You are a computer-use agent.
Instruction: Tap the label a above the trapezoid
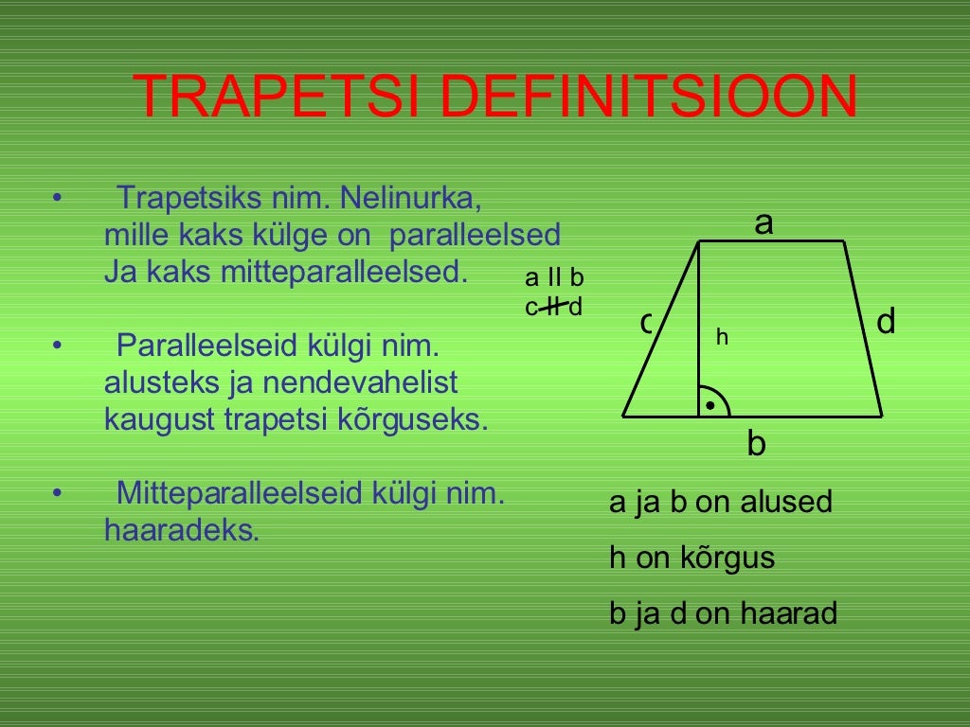763,223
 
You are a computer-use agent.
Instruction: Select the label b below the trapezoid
756,443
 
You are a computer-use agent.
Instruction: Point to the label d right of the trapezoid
886,323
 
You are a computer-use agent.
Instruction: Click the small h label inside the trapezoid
722,336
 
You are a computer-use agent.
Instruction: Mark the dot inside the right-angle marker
710,405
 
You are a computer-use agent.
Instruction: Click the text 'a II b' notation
554,278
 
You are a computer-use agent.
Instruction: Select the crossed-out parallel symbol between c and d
555,306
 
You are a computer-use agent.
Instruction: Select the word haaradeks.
181,530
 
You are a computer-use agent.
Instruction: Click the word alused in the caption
785,502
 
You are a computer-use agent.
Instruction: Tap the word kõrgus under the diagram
727,559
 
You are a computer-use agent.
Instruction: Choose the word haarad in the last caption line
788,614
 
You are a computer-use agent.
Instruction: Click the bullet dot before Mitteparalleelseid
58,493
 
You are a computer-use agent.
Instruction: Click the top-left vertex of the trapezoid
699,242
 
